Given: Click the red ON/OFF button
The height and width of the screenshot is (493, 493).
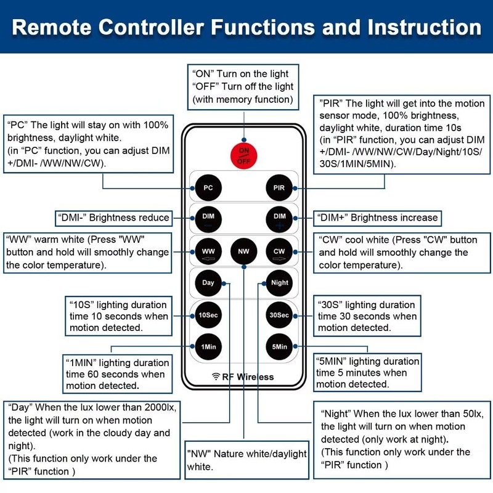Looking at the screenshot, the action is pos(243,156).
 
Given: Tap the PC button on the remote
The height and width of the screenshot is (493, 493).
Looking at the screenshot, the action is pos(208,188).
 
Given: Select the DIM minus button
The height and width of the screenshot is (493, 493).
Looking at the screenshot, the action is pos(208,219).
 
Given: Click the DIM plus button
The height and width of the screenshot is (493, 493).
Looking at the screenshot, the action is pos(279,219).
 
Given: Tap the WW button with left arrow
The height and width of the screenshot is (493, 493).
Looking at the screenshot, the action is pos(208,251).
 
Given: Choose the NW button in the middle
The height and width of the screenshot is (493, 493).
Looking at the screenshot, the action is pos(243,251).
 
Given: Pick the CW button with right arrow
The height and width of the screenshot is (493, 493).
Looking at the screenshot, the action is pos(279,251).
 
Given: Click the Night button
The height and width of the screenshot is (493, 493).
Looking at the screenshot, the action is pos(279,283).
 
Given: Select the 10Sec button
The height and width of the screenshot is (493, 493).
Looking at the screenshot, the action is pos(208,315).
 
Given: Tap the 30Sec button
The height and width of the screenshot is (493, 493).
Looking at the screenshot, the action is pos(279,315).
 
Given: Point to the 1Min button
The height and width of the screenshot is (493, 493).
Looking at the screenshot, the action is pos(208,347).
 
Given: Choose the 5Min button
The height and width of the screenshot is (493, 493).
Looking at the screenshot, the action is pos(279,347).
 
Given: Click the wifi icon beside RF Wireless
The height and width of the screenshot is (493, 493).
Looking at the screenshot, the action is pos(216,377).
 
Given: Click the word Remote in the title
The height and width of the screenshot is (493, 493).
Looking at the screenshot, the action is pos(52,27).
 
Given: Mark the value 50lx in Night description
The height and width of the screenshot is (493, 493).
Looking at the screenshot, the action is pos(473,414).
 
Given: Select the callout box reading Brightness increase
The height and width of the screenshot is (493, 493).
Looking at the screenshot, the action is pos(377,218).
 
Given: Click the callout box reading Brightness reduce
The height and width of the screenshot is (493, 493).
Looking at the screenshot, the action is pos(114,218).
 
